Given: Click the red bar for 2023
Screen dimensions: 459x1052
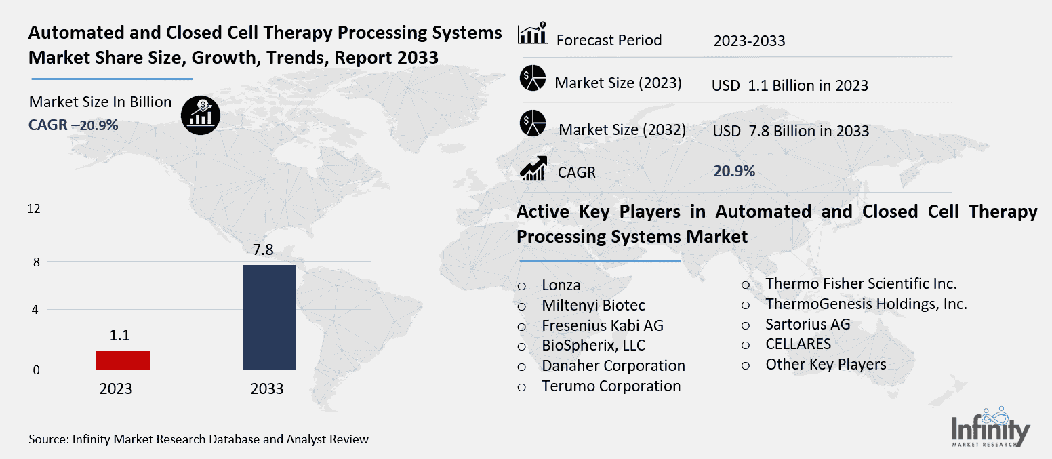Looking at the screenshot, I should (x=123, y=360).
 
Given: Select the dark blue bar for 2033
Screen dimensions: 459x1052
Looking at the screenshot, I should (x=269, y=317).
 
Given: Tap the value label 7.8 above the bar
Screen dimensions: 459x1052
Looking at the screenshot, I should (x=263, y=250).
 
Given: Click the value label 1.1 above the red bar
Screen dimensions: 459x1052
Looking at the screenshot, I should (x=119, y=336).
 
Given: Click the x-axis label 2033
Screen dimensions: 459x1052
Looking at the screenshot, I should (x=266, y=389).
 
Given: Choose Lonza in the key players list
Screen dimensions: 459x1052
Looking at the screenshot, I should (x=561, y=285).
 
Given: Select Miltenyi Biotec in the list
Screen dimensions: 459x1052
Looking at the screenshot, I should (x=593, y=305).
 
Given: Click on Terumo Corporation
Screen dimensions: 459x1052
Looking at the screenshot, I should (x=611, y=386).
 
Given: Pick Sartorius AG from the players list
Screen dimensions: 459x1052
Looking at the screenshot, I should (x=807, y=324).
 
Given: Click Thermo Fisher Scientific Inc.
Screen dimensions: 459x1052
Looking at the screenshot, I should (x=861, y=283).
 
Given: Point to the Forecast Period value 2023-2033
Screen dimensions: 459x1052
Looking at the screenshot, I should (x=749, y=41).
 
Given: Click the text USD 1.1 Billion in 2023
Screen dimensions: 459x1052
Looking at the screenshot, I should (x=790, y=85).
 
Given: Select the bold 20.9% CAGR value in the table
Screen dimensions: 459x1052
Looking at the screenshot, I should (x=733, y=171).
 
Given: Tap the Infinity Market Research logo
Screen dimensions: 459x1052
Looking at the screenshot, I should (x=990, y=428).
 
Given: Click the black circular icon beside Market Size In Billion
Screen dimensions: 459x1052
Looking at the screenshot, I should (x=200, y=114).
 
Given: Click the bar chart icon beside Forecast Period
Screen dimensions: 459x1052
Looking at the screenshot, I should (x=532, y=35).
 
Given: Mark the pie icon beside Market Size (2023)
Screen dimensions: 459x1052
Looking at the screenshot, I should (x=533, y=79).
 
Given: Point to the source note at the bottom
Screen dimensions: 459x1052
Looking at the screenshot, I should (x=199, y=439).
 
